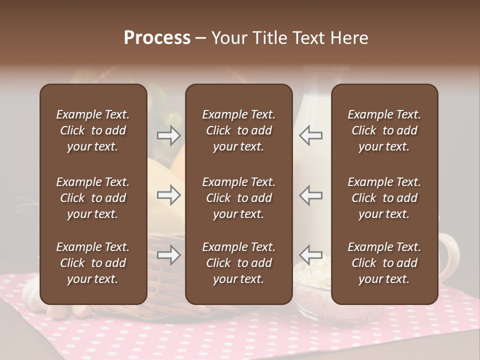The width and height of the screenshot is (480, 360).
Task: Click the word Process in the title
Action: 157,38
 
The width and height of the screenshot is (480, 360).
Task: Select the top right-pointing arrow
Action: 169,135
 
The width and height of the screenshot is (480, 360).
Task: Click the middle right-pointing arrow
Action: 169,195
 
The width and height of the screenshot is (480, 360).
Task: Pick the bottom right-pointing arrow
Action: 169,255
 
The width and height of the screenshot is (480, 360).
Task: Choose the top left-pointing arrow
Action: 310,135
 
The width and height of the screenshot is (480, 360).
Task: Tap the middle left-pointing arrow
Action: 310,195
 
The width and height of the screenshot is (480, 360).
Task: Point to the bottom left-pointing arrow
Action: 310,255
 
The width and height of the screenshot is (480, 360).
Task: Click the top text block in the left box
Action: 93,130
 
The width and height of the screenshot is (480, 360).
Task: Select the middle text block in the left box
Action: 93,198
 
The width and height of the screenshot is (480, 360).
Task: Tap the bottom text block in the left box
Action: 93,263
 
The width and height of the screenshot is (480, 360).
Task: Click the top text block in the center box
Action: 239,130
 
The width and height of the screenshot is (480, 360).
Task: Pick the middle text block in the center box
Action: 239,198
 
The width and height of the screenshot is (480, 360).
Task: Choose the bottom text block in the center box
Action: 239,263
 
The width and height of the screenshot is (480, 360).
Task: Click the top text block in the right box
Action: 384,130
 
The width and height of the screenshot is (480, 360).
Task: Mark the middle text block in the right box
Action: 384,198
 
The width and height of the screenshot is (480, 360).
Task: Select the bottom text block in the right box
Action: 384,263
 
